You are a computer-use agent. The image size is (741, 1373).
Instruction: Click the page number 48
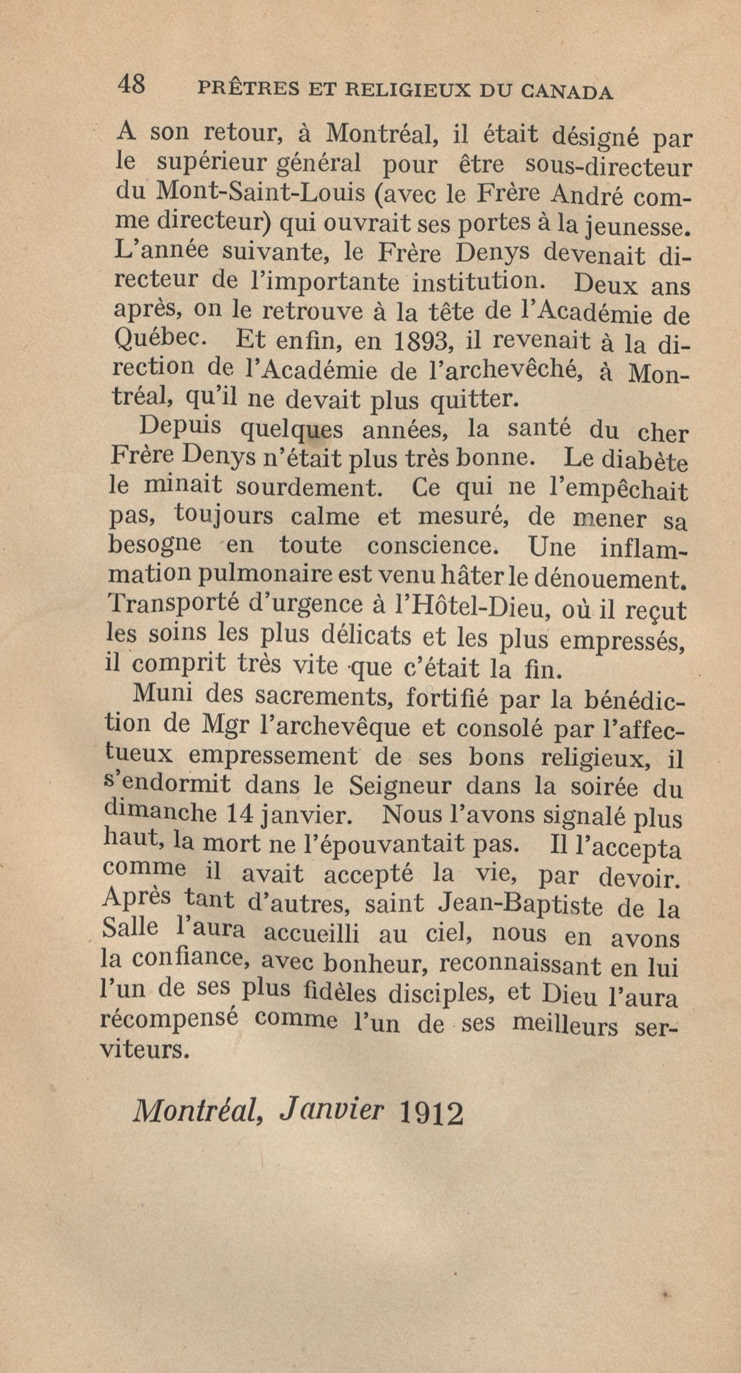tap(132, 85)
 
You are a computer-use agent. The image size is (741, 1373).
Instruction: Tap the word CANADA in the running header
tap(566, 91)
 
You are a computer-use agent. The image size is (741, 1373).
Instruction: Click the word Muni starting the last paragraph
tap(162, 695)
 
